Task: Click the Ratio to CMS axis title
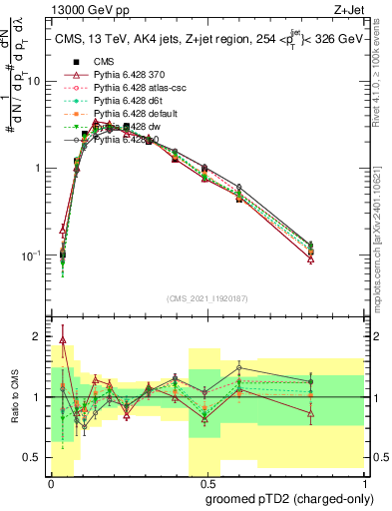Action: coord(15,397)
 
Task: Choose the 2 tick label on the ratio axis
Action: coord(39,336)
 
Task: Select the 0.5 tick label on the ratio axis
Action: coord(35,457)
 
